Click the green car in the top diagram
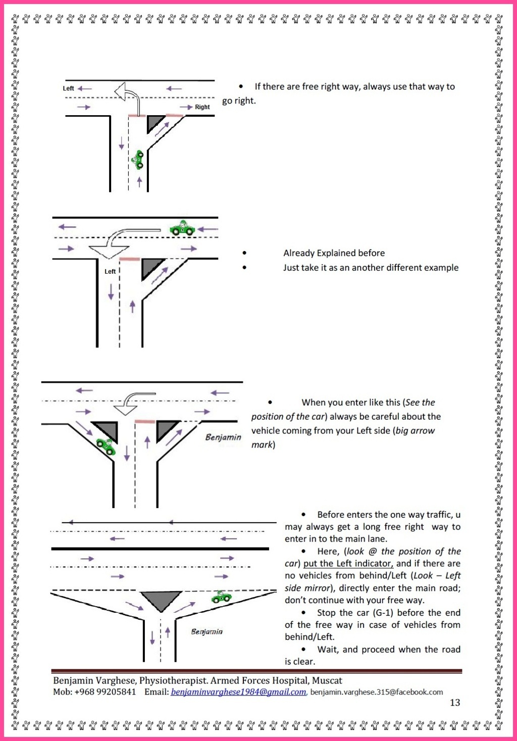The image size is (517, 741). (x=138, y=160)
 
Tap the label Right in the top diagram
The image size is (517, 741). (x=202, y=107)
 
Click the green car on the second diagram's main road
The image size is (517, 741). (x=182, y=229)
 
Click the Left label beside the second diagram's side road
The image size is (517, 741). (x=110, y=272)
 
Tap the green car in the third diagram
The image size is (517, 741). (x=106, y=446)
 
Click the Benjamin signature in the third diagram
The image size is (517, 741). (x=223, y=437)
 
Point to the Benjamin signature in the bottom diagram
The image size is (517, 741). (x=206, y=631)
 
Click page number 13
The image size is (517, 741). (x=455, y=703)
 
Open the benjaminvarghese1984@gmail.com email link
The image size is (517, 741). (x=238, y=692)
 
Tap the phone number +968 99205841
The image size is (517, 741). (x=105, y=692)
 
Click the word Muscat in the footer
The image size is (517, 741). (x=327, y=681)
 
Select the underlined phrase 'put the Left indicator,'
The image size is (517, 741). (x=348, y=564)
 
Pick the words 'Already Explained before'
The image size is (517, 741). (x=334, y=253)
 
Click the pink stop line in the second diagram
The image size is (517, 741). (x=130, y=259)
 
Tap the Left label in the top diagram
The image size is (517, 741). (x=68, y=88)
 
